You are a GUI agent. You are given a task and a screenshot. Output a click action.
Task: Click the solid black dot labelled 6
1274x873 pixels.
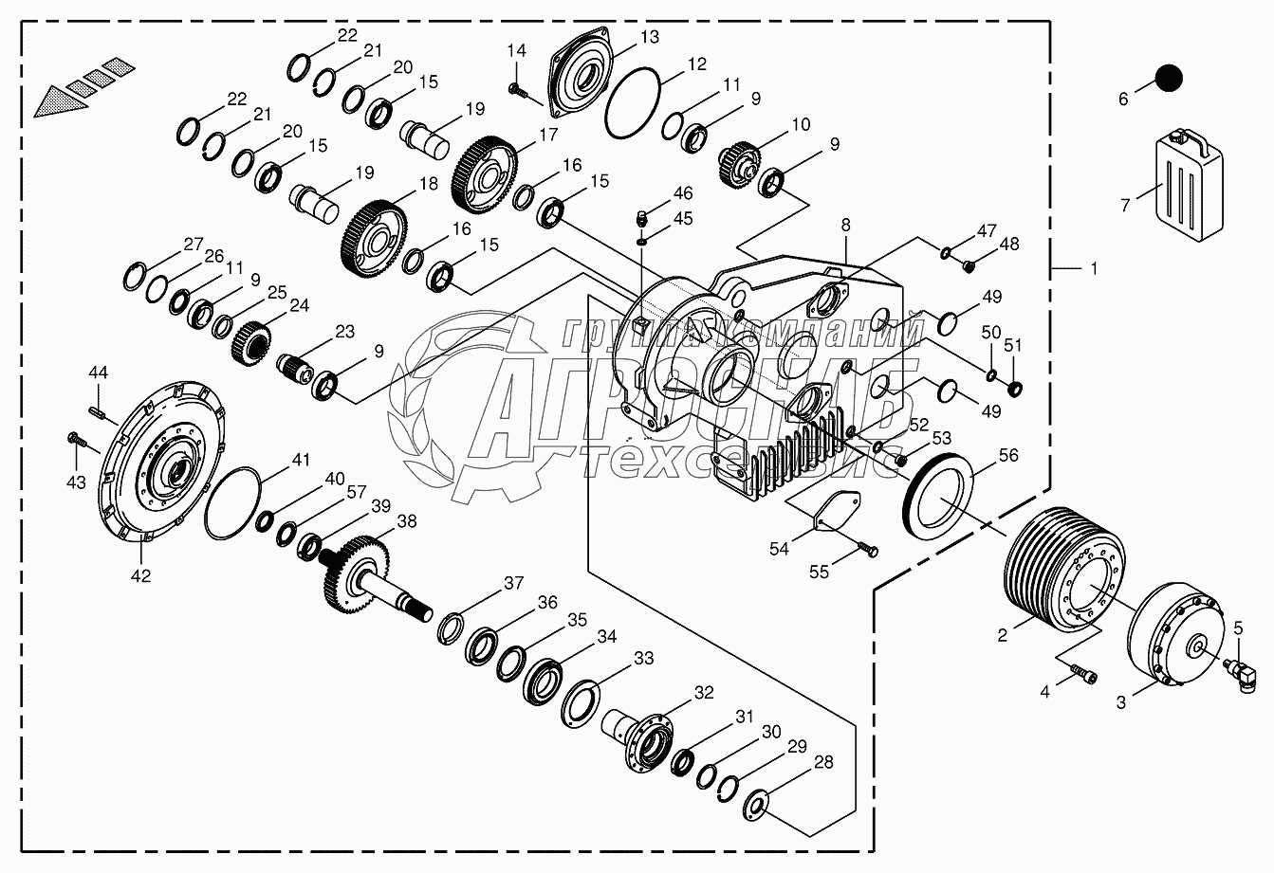click(x=1170, y=78)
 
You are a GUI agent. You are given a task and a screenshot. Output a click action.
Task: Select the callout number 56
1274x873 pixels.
click(x=1007, y=456)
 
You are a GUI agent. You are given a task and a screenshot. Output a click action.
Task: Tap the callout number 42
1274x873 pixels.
click(x=140, y=575)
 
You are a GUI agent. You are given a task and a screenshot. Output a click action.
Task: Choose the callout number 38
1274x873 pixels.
click(x=406, y=520)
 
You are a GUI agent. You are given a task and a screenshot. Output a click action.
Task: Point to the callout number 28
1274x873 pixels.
click(x=823, y=761)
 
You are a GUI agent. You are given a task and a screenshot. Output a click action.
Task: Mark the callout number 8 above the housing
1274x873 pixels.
click(x=844, y=226)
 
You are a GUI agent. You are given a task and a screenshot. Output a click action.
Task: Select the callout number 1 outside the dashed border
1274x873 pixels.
click(x=1093, y=269)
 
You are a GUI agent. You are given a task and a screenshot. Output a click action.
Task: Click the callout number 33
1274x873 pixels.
click(x=644, y=658)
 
